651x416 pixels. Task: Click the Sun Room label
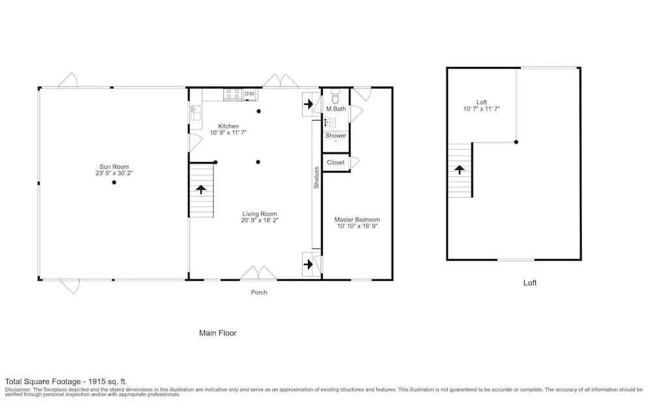click(114, 167)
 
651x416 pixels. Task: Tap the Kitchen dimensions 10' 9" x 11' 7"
click(229, 133)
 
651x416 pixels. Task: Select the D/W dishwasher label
click(249, 94)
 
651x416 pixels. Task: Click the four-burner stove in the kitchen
click(233, 94)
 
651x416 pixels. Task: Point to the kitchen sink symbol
click(195, 113)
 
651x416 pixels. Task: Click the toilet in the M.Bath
click(335, 96)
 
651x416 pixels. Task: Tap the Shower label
click(336, 135)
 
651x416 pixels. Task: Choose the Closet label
click(336, 162)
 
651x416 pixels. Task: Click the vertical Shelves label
click(316, 178)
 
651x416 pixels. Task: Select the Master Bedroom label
click(357, 219)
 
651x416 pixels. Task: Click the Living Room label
click(260, 214)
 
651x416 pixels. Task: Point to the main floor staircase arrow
click(201, 189)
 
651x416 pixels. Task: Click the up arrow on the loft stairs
click(459, 169)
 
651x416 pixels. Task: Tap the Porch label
click(259, 292)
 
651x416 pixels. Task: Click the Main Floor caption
click(218, 333)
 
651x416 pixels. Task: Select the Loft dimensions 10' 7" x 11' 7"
click(482, 109)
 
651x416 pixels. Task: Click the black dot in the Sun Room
click(114, 182)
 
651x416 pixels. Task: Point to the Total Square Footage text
click(66, 381)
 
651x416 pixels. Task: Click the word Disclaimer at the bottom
click(18, 389)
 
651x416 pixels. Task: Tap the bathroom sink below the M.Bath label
click(329, 122)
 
